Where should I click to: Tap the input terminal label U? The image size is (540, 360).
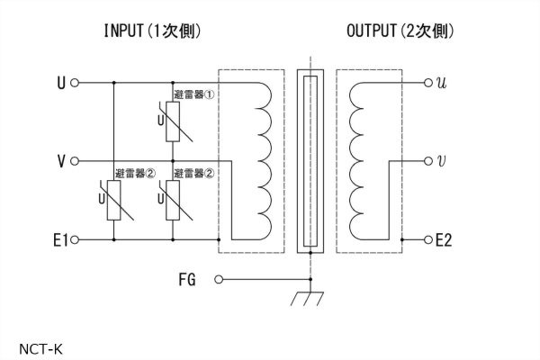60,83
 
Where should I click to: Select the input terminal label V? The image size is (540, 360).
60,161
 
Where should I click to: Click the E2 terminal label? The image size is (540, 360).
445,240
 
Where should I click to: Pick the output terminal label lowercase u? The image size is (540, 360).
440,83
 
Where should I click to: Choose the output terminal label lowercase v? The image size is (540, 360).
440,161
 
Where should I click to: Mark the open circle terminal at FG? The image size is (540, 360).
217,280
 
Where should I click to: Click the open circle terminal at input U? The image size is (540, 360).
75,83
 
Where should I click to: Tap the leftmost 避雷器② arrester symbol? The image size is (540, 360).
114,201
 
